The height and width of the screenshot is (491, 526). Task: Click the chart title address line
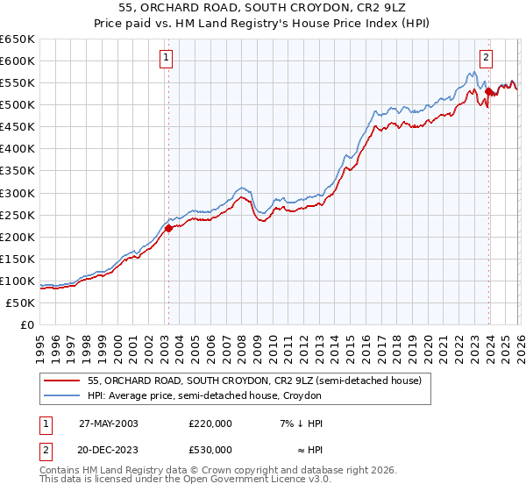pyautogui.click(x=262, y=8)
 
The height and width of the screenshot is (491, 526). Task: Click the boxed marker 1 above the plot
pyautogui.click(x=166, y=59)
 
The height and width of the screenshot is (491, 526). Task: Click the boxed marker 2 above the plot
pyautogui.click(x=486, y=59)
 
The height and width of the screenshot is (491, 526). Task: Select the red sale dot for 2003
pyautogui.click(x=168, y=228)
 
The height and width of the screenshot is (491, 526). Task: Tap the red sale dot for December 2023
pyautogui.click(x=487, y=90)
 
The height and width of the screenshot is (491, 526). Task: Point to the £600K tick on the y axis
pyautogui.click(x=18, y=60)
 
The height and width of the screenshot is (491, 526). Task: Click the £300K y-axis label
pyautogui.click(x=18, y=193)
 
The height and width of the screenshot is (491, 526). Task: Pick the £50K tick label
pyautogui.click(x=20, y=302)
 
